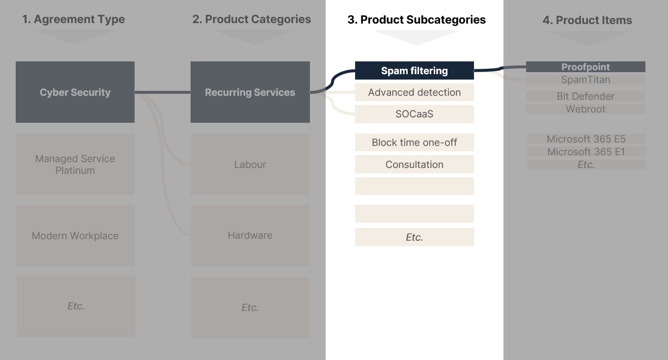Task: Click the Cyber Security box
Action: [75, 92]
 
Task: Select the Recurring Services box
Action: [250, 92]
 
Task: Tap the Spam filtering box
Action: [414, 71]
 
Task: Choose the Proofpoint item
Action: [585, 67]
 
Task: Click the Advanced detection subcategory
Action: [414, 92]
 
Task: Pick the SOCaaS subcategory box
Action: [414, 114]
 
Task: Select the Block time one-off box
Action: [414, 142]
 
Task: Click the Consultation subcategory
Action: [414, 165]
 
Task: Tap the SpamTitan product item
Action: [585, 80]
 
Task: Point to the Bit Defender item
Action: [585, 96]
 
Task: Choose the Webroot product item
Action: [585, 109]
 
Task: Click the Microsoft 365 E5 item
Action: [586, 138]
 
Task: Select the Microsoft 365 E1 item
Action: [586, 152]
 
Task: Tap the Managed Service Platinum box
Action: [75, 165]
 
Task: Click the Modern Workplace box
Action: [75, 235]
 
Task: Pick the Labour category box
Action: [250, 165]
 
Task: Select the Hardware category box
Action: [250, 235]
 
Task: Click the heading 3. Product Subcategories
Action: [417, 20]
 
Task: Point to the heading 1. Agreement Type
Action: [74, 19]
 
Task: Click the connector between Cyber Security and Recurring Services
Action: [163, 92]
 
